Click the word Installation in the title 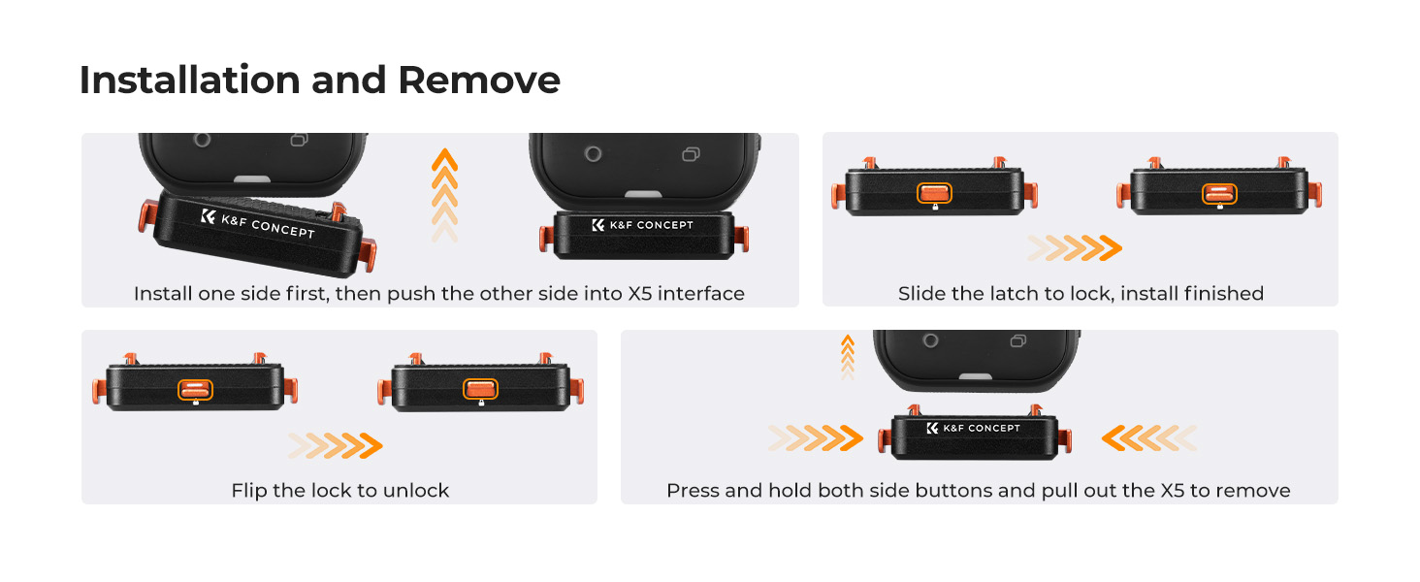click(189, 81)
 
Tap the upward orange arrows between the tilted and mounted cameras click(444, 195)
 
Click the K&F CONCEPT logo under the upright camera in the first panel click(642, 225)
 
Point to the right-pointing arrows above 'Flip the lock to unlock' click(336, 445)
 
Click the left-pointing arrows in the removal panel click(1149, 438)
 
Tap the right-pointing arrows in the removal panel click(816, 438)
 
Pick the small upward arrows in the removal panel click(848, 358)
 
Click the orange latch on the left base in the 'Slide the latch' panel click(934, 193)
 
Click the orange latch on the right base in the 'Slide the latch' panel click(1219, 193)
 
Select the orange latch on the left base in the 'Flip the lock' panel click(195, 390)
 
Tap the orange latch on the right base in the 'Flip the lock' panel click(480, 389)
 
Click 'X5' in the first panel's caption click(639, 294)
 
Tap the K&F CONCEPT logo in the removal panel click(974, 428)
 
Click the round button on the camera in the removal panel click(930, 340)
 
